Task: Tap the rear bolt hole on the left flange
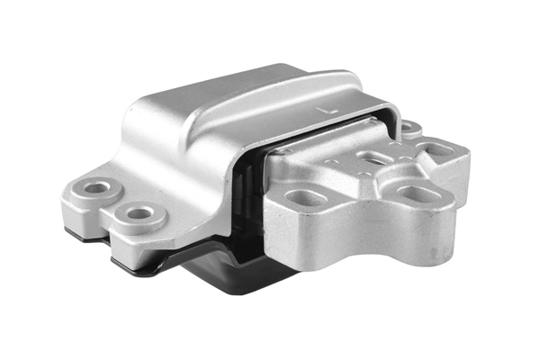click(97, 188)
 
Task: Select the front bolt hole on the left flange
click(138, 214)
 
